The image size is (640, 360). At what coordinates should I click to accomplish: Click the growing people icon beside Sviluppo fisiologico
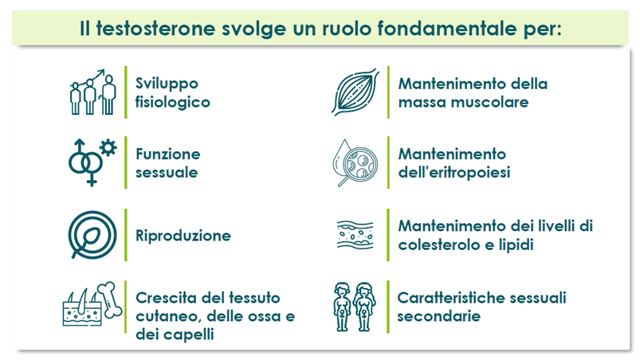tap(93, 92)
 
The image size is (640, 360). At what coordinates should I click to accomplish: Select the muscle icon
tap(355, 92)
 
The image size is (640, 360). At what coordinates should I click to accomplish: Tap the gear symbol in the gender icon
tap(108, 147)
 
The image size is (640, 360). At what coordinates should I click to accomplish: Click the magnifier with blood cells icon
tap(355, 163)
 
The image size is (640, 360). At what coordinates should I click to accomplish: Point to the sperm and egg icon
tap(92, 235)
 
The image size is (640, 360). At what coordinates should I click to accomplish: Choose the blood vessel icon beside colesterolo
tap(355, 235)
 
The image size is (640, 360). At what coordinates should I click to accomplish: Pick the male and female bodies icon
tap(355, 307)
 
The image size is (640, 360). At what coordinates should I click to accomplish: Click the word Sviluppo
tap(167, 84)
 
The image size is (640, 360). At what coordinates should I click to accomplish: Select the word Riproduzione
tap(183, 236)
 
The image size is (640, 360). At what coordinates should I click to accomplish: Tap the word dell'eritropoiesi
tap(454, 173)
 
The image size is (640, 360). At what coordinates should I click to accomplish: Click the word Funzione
tap(167, 154)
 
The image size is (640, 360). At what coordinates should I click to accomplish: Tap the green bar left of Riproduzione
tap(126, 235)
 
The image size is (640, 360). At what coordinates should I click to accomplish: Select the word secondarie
tap(439, 316)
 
